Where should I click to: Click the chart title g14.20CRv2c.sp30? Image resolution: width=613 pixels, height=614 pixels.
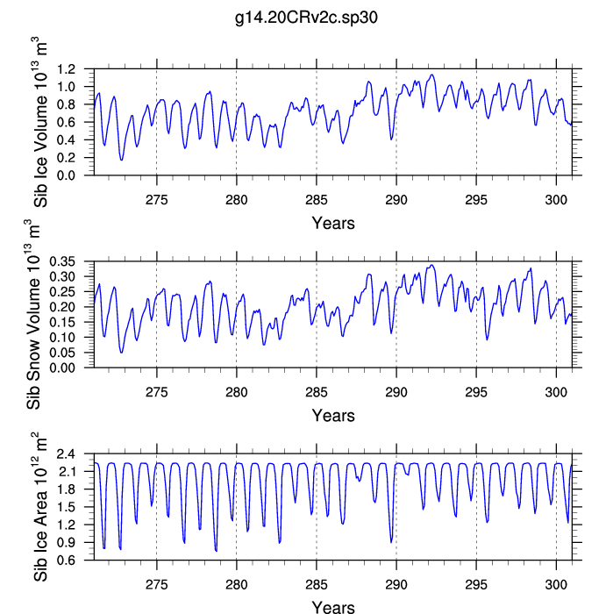[306, 17]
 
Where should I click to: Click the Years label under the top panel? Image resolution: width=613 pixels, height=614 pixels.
[333, 223]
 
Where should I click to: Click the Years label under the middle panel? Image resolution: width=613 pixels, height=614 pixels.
[333, 416]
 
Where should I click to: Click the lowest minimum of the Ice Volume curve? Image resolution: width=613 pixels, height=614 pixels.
[121, 160]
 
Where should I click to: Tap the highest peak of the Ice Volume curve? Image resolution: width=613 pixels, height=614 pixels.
[432, 75]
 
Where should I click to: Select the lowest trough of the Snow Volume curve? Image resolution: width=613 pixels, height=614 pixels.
[121, 353]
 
